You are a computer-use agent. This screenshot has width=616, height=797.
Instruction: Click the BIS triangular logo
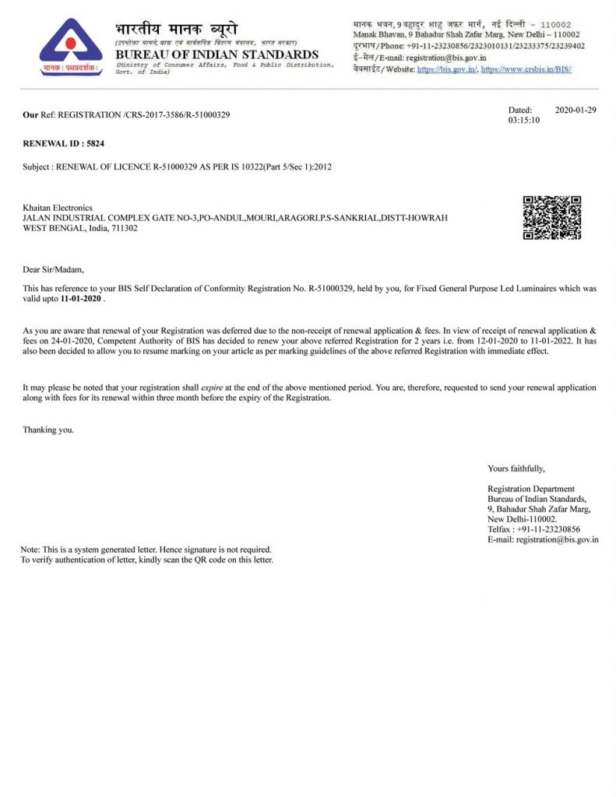point(70,47)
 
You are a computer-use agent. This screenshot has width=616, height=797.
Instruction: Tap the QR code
point(551,218)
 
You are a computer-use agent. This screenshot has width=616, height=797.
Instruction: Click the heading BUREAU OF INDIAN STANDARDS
point(216,54)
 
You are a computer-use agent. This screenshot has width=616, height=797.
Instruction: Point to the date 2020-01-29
point(576,111)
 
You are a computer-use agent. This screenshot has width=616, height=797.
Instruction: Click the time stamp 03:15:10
point(523,121)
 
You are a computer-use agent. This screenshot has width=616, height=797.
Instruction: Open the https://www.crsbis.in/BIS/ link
point(526,69)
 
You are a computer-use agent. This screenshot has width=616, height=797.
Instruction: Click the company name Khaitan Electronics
point(58,208)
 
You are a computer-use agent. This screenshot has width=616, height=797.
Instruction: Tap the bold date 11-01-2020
point(82,298)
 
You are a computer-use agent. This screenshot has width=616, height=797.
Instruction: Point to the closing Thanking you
point(48,430)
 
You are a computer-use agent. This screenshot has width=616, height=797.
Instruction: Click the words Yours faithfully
point(516,469)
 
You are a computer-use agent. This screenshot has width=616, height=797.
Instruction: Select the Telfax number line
point(533,529)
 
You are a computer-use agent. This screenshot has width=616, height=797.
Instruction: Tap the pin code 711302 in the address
point(123,228)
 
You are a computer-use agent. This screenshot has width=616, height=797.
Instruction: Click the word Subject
point(37,167)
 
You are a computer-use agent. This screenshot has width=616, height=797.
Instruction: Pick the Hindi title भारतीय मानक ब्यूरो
point(176,30)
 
